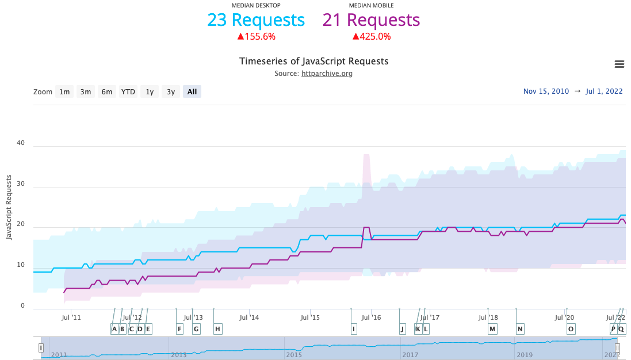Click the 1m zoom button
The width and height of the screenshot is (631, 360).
tap(64, 91)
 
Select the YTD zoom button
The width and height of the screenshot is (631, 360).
tap(128, 91)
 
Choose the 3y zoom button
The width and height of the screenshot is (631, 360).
tap(171, 91)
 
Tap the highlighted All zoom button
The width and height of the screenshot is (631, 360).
tap(192, 91)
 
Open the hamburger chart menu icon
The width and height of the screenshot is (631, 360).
tap(619, 64)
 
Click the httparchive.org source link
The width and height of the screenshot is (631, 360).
tap(327, 74)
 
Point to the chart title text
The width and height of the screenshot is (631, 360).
tap(313, 61)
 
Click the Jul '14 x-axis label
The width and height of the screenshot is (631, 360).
tap(249, 317)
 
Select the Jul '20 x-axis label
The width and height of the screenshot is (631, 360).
tap(564, 317)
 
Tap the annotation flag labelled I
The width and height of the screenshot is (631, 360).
tap(354, 329)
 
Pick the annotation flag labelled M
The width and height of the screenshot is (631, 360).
tap(492, 329)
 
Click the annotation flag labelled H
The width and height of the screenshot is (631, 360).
tap(217, 329)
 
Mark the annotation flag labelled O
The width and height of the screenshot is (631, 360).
tap(571, 329)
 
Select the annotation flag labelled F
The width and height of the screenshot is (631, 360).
tap(180, 329)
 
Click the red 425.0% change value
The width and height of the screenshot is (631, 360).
tap(372, 37)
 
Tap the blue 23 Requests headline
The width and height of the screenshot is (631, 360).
tap(256, 20)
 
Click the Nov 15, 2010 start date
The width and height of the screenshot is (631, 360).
tap(546, 91)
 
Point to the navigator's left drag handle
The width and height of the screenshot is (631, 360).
tap(41, 348)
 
